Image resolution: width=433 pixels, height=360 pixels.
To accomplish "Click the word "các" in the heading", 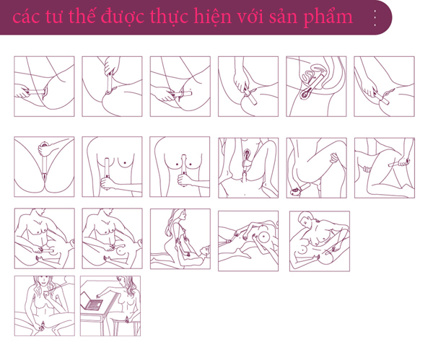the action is pos(26,17).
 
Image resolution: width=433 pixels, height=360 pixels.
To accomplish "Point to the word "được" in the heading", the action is pos(122,17).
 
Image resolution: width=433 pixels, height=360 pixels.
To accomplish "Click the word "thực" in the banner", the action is pos(168,17).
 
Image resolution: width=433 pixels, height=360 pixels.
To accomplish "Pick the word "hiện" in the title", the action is pos(212,16).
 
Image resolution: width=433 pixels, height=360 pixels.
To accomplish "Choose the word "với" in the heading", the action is pos(250,17).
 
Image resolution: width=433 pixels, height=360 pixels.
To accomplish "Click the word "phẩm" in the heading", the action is pos(328,17).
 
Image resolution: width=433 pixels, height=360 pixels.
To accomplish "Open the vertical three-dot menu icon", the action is pos(375,18).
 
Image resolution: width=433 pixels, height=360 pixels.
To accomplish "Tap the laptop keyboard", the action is pos(94,304).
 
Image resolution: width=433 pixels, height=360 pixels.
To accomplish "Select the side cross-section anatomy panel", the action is pos(316,87).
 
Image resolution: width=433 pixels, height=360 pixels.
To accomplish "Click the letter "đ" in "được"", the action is pos(107,17).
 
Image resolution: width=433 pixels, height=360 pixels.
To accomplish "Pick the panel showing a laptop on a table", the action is pos(110,306).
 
